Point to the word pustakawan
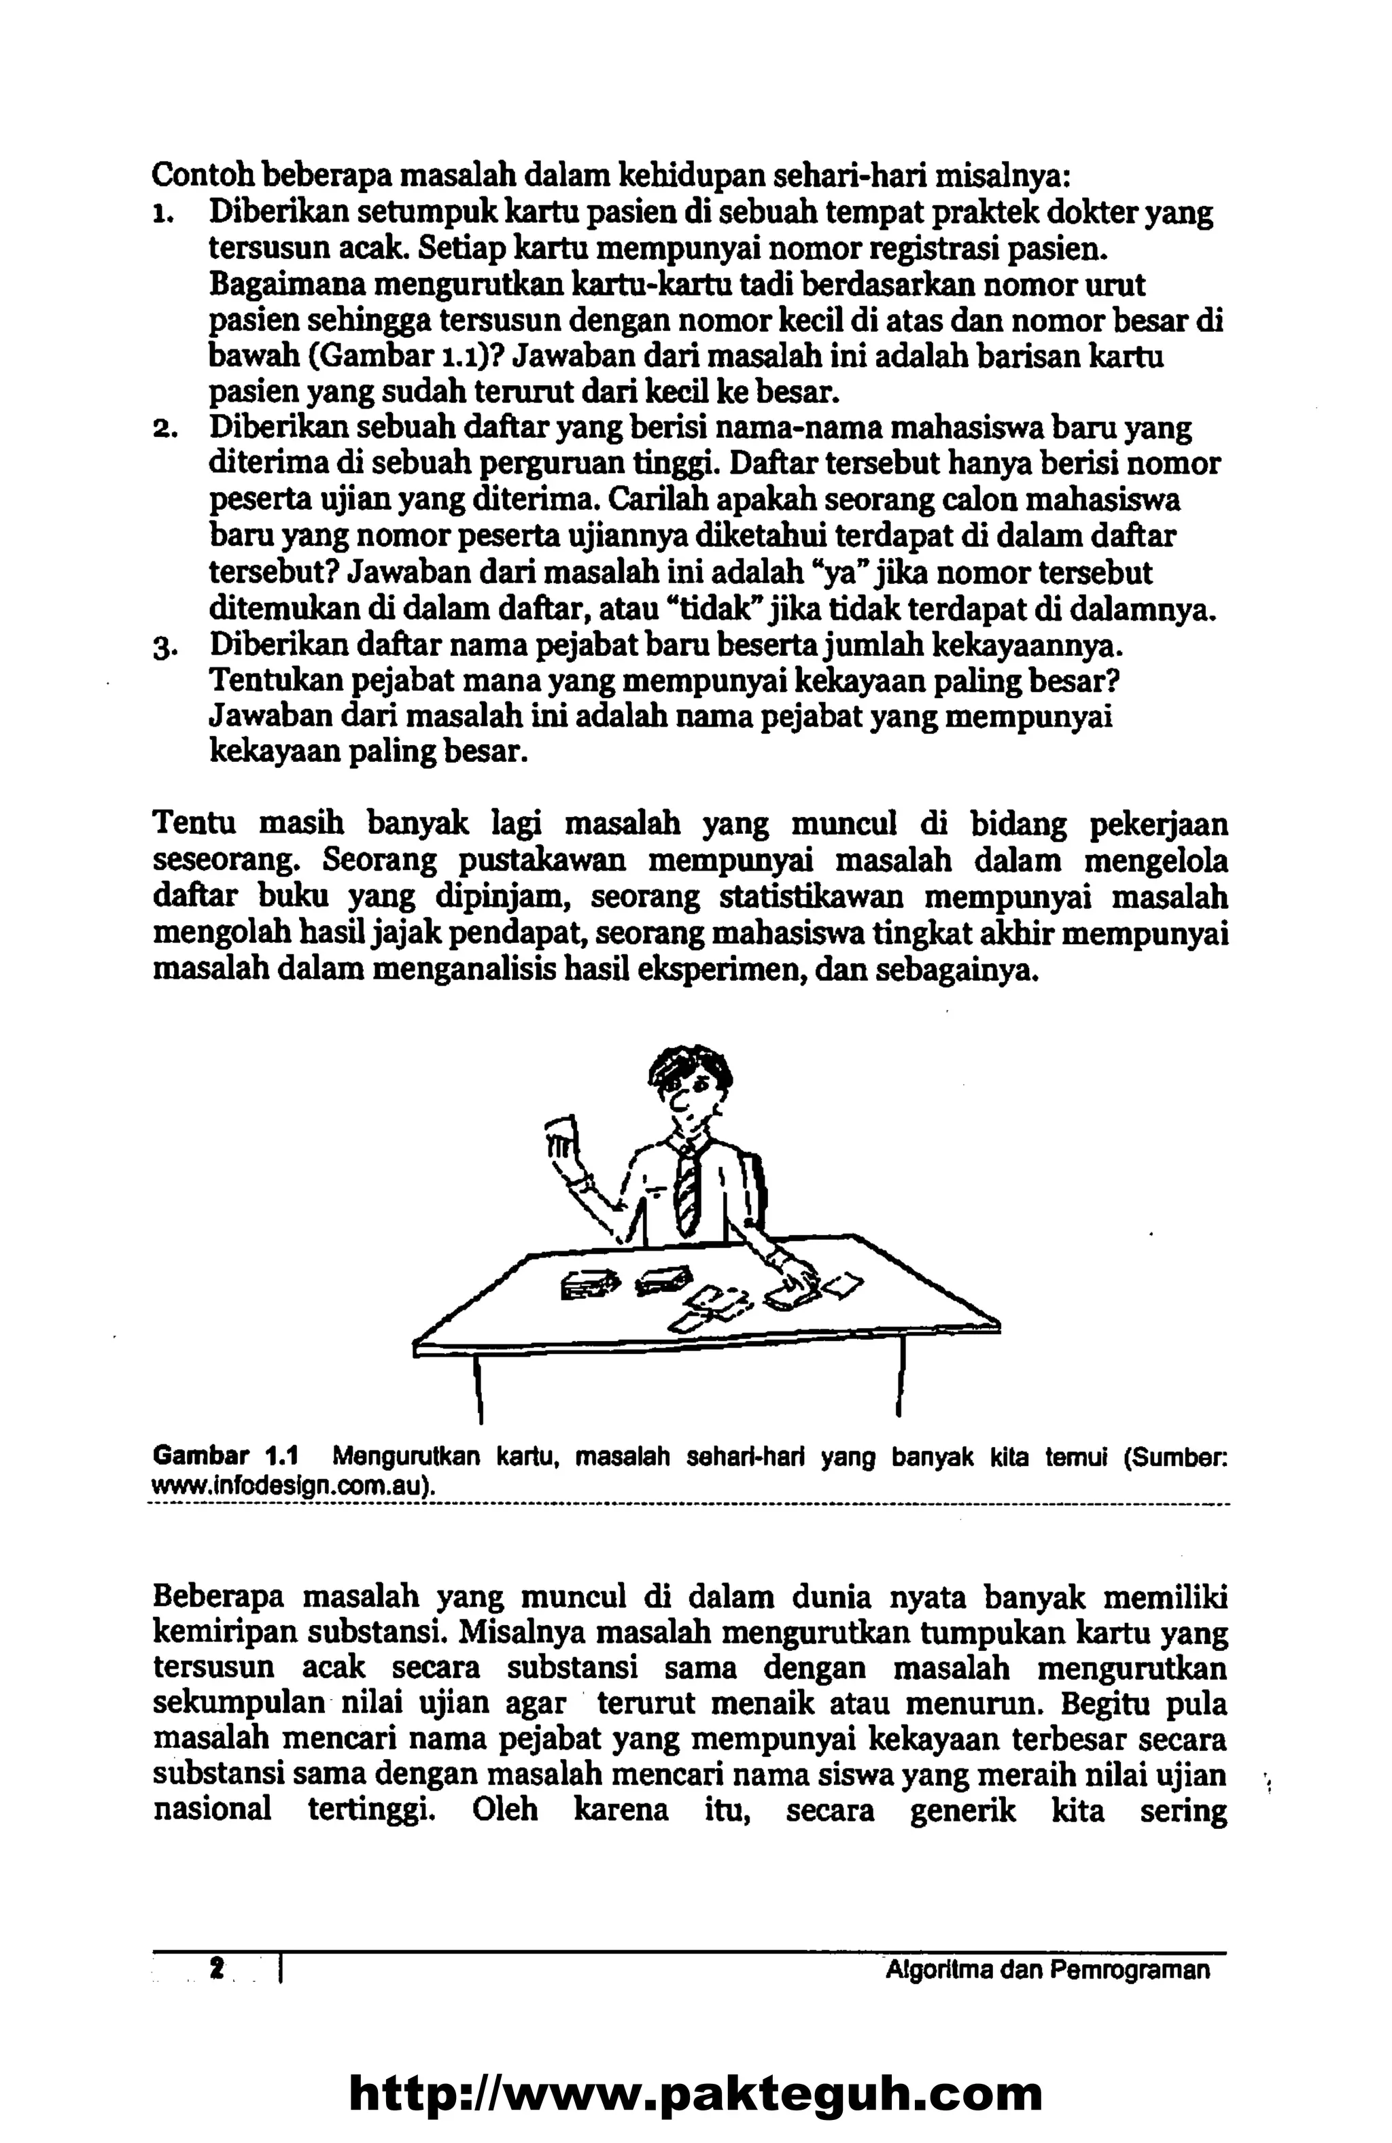point(541,862)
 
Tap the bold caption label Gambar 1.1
point(224,1455)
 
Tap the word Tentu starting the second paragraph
point(194,825)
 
